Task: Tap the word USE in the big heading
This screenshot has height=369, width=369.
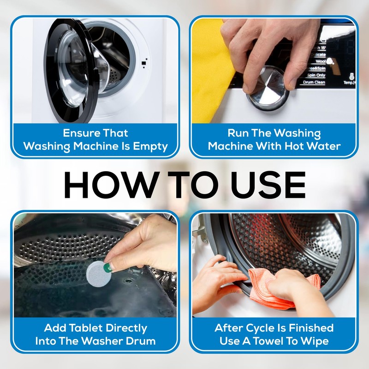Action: [x=268, y=185]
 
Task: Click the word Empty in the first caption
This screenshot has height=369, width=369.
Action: [x=150, y=146]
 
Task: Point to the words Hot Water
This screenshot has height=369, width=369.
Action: [x=312, y=146]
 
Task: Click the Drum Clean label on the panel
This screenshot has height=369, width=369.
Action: [x=314, y=82]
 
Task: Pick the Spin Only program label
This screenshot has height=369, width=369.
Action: [x=316, y=75]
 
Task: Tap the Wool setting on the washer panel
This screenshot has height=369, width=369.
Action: [x=320, y=61]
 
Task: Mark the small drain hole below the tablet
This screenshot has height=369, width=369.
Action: [x=129, y=281]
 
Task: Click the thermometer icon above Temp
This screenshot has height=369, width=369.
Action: [x=351, y=76]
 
